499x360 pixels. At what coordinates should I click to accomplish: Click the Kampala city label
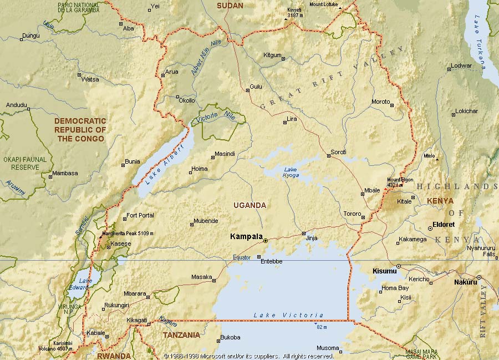coord(246,236)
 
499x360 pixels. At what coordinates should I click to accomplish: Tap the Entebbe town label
coord(271,261)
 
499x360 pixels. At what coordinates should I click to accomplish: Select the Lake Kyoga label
coord(291,173)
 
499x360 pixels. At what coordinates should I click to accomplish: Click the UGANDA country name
coord(249,205)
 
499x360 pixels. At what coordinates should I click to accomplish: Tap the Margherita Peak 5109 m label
coord(127,234)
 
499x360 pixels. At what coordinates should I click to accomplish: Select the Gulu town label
coord(256,87)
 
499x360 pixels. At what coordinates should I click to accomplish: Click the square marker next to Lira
coord(285,122)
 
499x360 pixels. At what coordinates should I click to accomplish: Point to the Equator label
coord(241,257)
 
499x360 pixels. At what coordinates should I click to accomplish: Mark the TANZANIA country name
coord(181,335)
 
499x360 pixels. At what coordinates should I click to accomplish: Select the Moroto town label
coord(380,102)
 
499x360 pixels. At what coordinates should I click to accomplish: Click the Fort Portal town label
coord(140,215)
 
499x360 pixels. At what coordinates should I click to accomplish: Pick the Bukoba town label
coord(230,337)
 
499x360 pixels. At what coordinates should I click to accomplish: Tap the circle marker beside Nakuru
coord(478,277)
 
